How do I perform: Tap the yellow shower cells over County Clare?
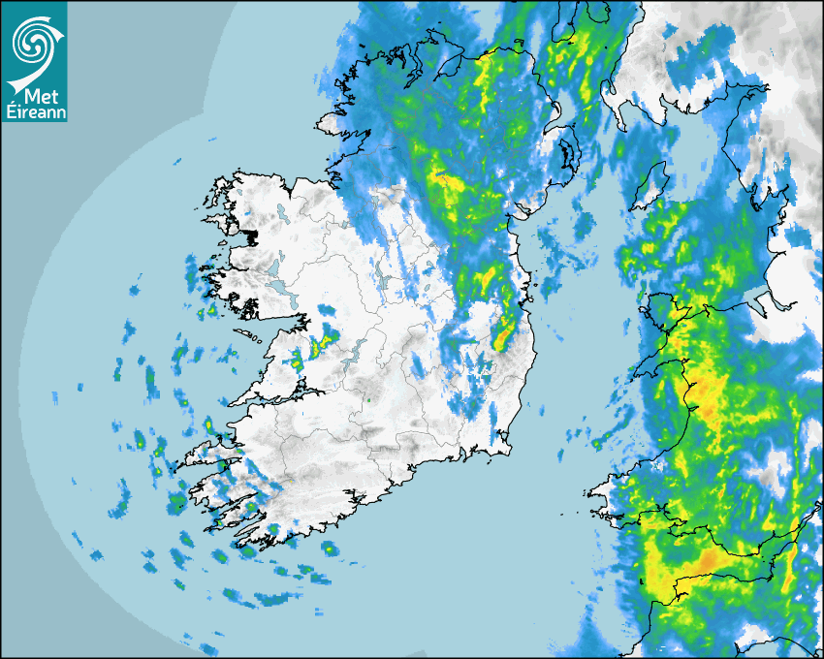point(326,340)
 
